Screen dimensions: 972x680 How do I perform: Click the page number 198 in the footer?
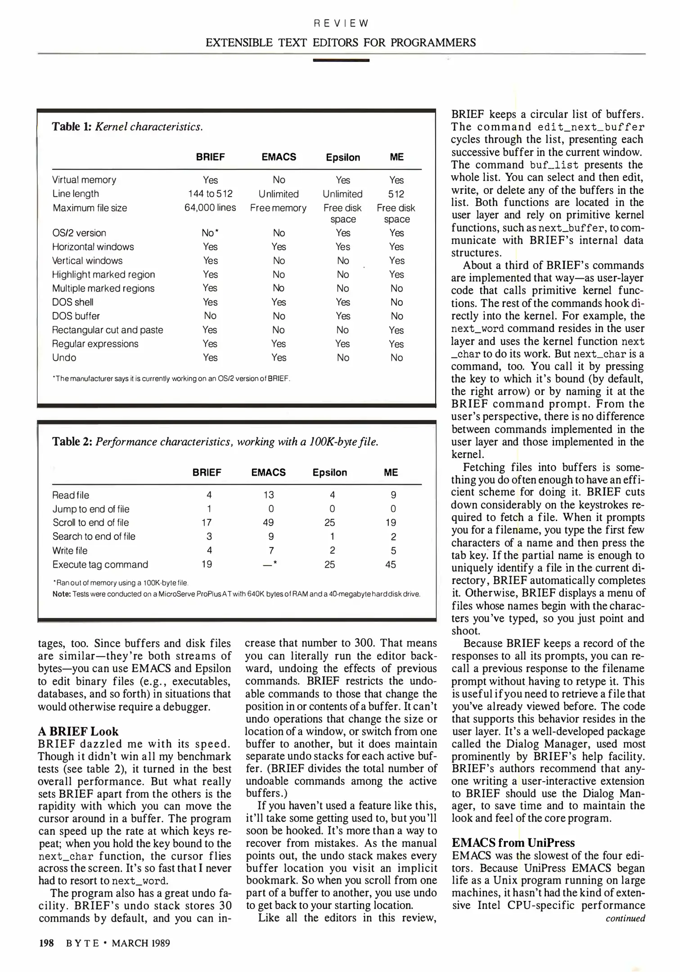tap(46, 943)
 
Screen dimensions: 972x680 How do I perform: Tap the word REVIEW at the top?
tap(340, 23)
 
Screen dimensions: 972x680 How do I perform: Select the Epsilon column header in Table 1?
tap(343, 157)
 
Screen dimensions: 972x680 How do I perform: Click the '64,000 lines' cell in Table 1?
tap(210, 208)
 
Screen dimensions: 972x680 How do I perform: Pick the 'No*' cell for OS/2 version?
tap(210, 233)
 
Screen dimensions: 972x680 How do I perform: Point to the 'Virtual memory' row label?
tap(84, 180)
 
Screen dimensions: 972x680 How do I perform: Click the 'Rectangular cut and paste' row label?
tap(108, 330)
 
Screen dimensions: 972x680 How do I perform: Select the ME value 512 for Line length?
tap(396, 194)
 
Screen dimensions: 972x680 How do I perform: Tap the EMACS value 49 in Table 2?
tap(268, 522)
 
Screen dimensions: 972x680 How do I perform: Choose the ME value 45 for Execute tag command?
tap(391, 564)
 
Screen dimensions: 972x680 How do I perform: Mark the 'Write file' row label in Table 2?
tap(70, 550)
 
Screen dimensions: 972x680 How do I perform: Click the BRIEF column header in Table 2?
tap(207, 472)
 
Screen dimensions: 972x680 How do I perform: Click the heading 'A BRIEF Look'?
tap(78, 731)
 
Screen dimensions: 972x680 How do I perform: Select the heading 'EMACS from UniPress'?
tap(513, 843)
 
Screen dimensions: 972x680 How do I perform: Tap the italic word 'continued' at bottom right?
tap(625, 918)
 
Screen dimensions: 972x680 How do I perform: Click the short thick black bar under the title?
tap(341, 60)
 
